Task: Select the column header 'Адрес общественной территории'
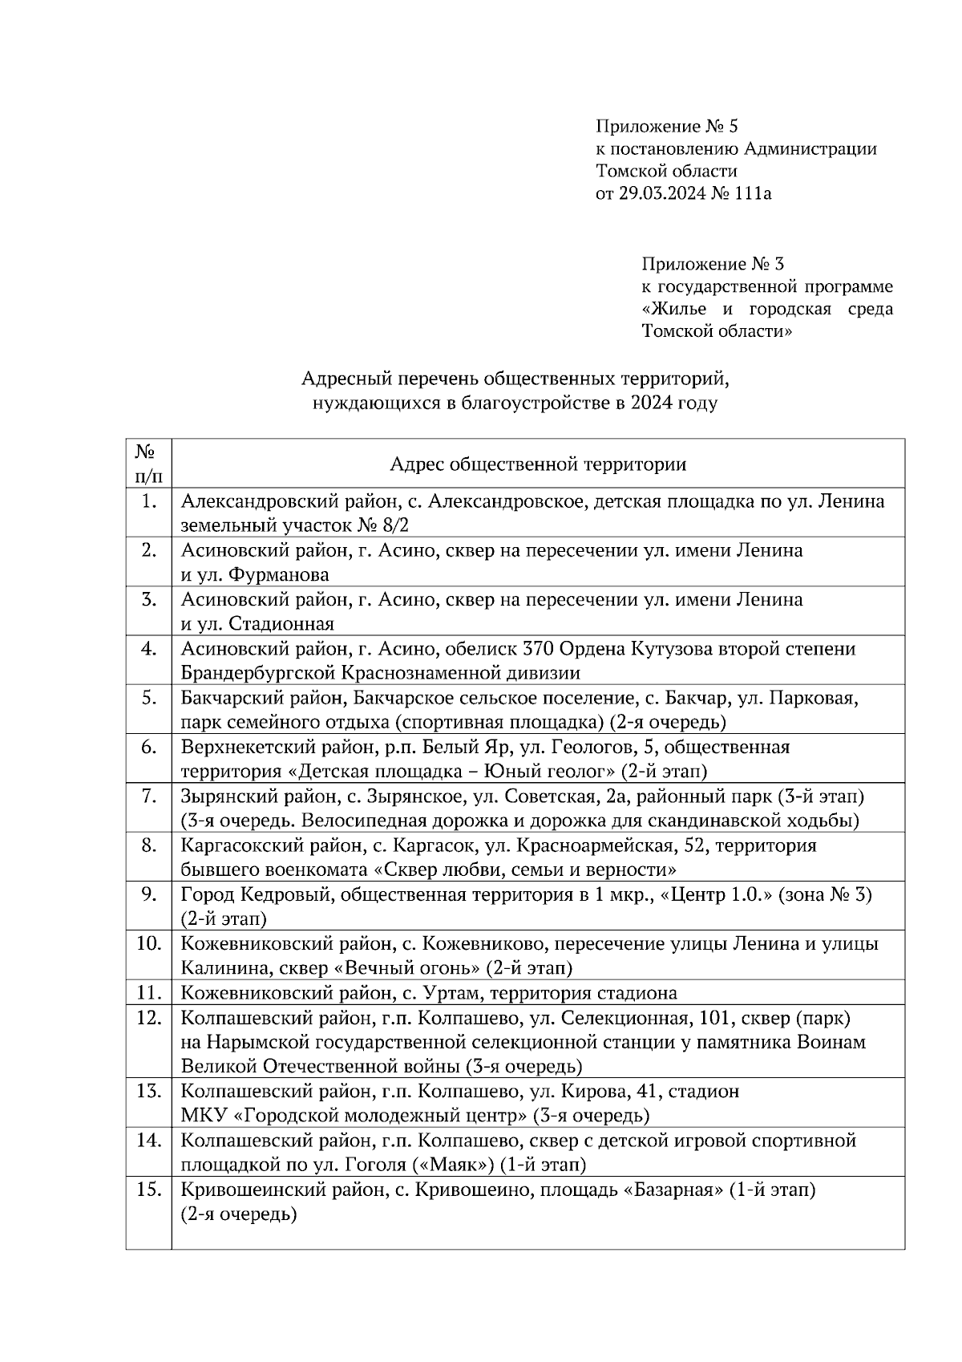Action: coord(538,464)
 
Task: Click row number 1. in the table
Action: coord(148,502)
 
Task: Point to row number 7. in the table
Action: coord(148,797)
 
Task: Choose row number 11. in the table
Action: coord(148,993)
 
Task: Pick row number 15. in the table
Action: coord(148,1190)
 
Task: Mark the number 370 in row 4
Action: coord(538,649)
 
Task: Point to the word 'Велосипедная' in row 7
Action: coord(307,821)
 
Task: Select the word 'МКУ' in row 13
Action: coord(200,1116)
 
